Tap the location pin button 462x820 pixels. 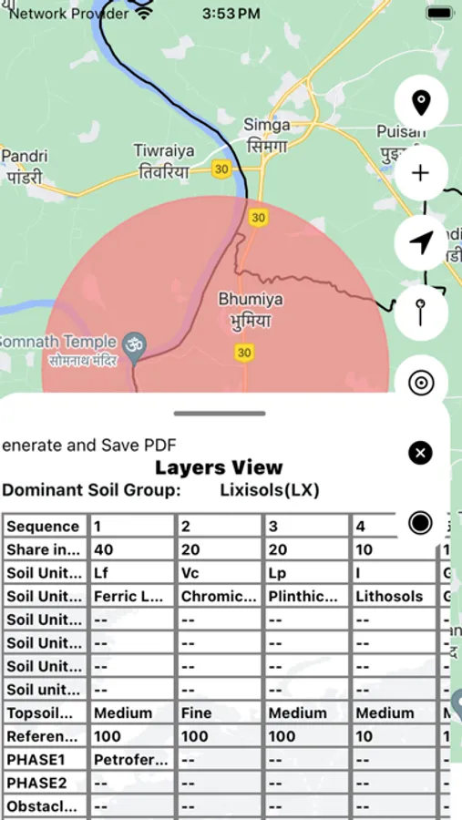point(420,102)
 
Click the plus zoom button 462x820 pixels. point(420,172)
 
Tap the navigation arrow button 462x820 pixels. point(420,242)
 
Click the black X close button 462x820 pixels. point(420,453)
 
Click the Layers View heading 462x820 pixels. point(219,467)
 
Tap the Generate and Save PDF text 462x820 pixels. point(89,445)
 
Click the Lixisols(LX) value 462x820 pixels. point(270,490)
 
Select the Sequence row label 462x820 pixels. point(44,527)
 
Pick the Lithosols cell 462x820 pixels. point(390,597)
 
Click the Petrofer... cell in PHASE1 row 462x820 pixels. point(130,759)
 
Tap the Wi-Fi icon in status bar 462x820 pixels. point(144,14)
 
